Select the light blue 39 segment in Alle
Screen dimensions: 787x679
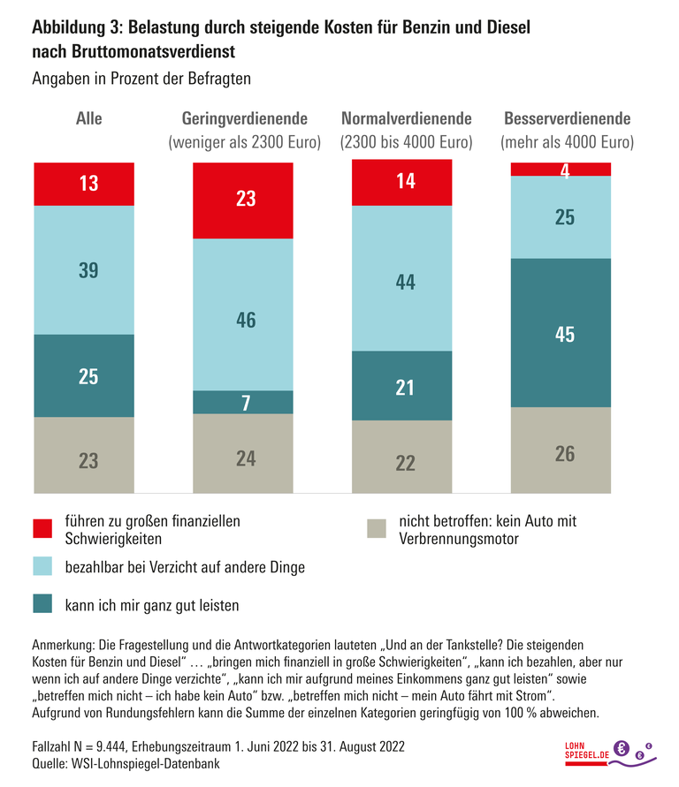(84, 270)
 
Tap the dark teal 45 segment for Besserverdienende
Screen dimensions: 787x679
(563, 333)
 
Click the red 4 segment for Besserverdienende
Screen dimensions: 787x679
(563, 170)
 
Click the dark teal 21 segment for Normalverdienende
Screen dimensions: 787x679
(403, 386)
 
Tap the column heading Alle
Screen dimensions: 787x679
(89, 118)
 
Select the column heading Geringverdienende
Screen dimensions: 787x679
(245, 118)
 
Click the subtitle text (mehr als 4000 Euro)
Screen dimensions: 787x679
(567, 141)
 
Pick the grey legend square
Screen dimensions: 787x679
(378, 529)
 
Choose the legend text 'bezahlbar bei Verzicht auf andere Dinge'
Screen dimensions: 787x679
(184, 568)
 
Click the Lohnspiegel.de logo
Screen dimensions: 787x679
(610, 751)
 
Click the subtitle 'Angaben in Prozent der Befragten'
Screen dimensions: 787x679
(141, 78)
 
